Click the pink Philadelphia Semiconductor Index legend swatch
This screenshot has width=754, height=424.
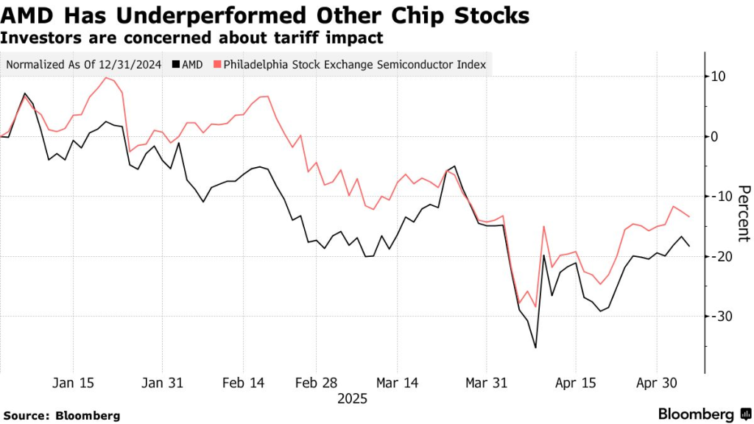click(217, 65)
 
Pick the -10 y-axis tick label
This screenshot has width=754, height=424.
click(717, 196)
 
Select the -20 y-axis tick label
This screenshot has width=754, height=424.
click(717, 255)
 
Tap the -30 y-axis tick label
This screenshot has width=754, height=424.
click(717, 316)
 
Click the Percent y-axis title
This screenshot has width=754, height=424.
click(743, 213)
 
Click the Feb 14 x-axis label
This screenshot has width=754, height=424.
click(242, 384)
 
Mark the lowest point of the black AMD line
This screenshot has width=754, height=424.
click(535, 347)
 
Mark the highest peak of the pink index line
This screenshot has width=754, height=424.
click(107, 77)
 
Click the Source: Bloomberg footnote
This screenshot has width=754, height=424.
click(61, 415)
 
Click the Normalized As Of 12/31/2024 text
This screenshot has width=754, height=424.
click(83, 65)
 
